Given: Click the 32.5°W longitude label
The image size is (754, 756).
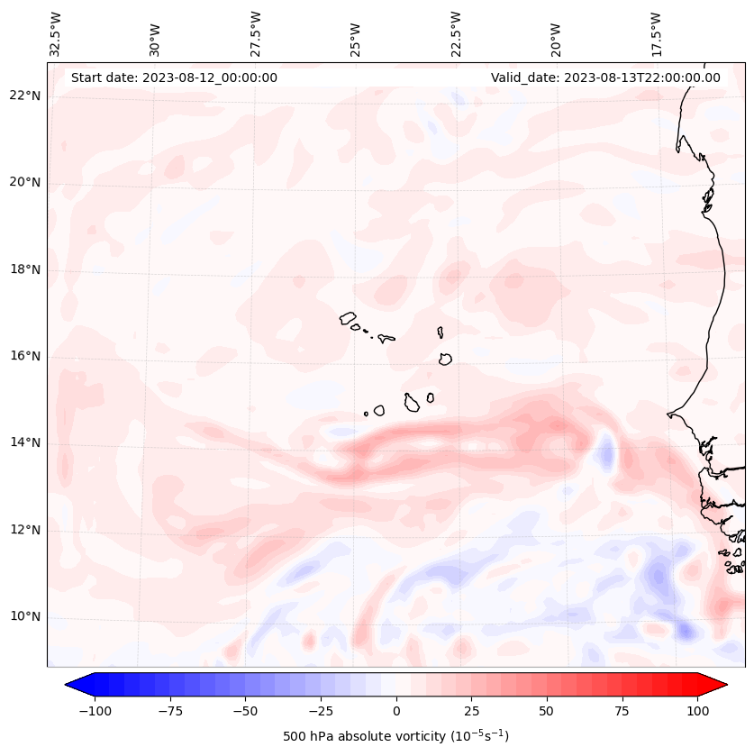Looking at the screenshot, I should (x=56, y=33).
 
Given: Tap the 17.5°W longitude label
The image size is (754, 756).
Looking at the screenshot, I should (x=657, y=33).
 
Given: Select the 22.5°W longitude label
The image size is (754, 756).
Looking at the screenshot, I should (x=456, y=33).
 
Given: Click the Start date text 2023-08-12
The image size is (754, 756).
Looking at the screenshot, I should (x=174, y=77).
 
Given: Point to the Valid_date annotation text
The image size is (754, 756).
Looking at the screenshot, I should (x=605, y=77).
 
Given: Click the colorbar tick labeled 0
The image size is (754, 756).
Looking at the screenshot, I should (x=395, y=711).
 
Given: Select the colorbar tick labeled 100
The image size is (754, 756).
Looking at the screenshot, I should (x=697, y=711).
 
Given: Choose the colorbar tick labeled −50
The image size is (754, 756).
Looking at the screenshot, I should (x=245, y=711).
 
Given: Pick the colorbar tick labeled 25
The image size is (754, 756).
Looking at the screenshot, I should (x=471, y=711).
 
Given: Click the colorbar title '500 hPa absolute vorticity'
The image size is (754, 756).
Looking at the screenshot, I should (x=395, y=736).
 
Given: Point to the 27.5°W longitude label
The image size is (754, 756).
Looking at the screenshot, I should (x=256, y=33).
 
